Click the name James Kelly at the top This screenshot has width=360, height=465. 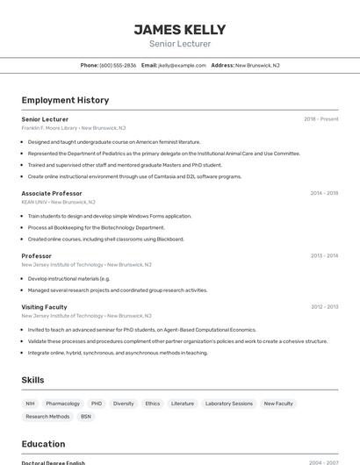click(x=180, y=30)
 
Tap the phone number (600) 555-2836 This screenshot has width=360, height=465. click(x=118, y=65)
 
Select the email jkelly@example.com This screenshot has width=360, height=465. click(x=182, y=65)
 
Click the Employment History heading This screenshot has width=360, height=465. click(x=65, y=100)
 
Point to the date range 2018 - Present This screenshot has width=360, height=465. click(x=321, y=119)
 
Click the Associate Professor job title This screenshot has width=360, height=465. click(x=52, y=193)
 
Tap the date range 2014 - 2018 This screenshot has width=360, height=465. click(x=324, y=193)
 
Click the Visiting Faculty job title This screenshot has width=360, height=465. click(x=45, y=307)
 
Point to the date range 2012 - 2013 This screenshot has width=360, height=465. click(x=324, y=307)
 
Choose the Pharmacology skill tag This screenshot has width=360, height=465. click(x=63, y=404)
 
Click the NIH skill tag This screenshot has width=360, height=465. click(x=31, y=404)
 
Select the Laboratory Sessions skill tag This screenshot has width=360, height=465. click(x=229, y=404)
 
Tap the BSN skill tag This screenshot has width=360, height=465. click(x=86, y=417)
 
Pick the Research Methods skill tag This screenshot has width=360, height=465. click(x=47, y=417)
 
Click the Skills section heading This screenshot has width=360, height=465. click(x=33, y=380)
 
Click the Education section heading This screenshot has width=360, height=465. click(x=43, y=444)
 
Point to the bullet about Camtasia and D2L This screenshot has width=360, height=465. click(x=134, y=176)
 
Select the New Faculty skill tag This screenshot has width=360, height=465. click(x=278, y=404)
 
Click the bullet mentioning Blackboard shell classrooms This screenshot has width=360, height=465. click(x=105, y=239)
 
